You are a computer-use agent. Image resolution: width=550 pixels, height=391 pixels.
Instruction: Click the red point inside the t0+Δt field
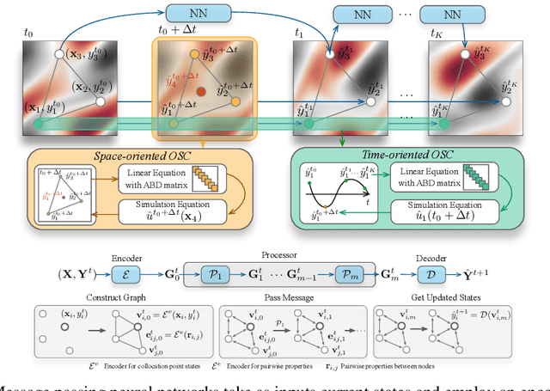pyautogui.click(x=202, y=90)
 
